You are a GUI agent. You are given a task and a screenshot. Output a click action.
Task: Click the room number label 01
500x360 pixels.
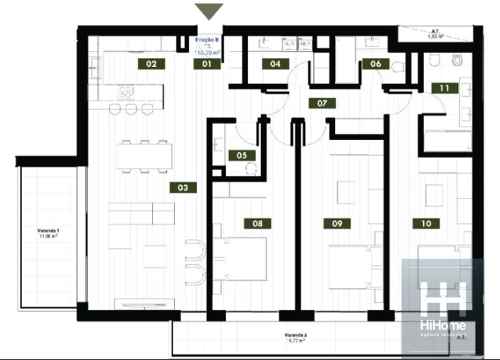tap(208, 64)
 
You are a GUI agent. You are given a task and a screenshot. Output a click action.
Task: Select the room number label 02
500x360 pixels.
tap(151, 64)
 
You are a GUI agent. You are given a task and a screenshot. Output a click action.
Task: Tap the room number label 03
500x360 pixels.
tap(183, 189)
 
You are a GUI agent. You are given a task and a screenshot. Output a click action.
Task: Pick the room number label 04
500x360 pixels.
tap(275, 64)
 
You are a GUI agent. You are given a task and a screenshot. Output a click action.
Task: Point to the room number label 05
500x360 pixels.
tap(242, 154)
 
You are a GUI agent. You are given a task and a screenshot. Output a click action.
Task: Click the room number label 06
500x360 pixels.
tap(376, 64)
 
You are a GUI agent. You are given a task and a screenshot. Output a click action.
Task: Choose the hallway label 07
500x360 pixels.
tap(322, 103)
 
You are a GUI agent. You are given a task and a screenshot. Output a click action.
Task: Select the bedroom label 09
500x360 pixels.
tap(337, 223)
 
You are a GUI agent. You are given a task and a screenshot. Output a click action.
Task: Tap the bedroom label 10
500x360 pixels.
tap(426, 223)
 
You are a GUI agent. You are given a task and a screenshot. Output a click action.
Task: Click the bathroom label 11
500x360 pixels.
tap(445, 89)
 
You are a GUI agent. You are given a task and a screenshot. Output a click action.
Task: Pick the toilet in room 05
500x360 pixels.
tap(250, 168)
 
